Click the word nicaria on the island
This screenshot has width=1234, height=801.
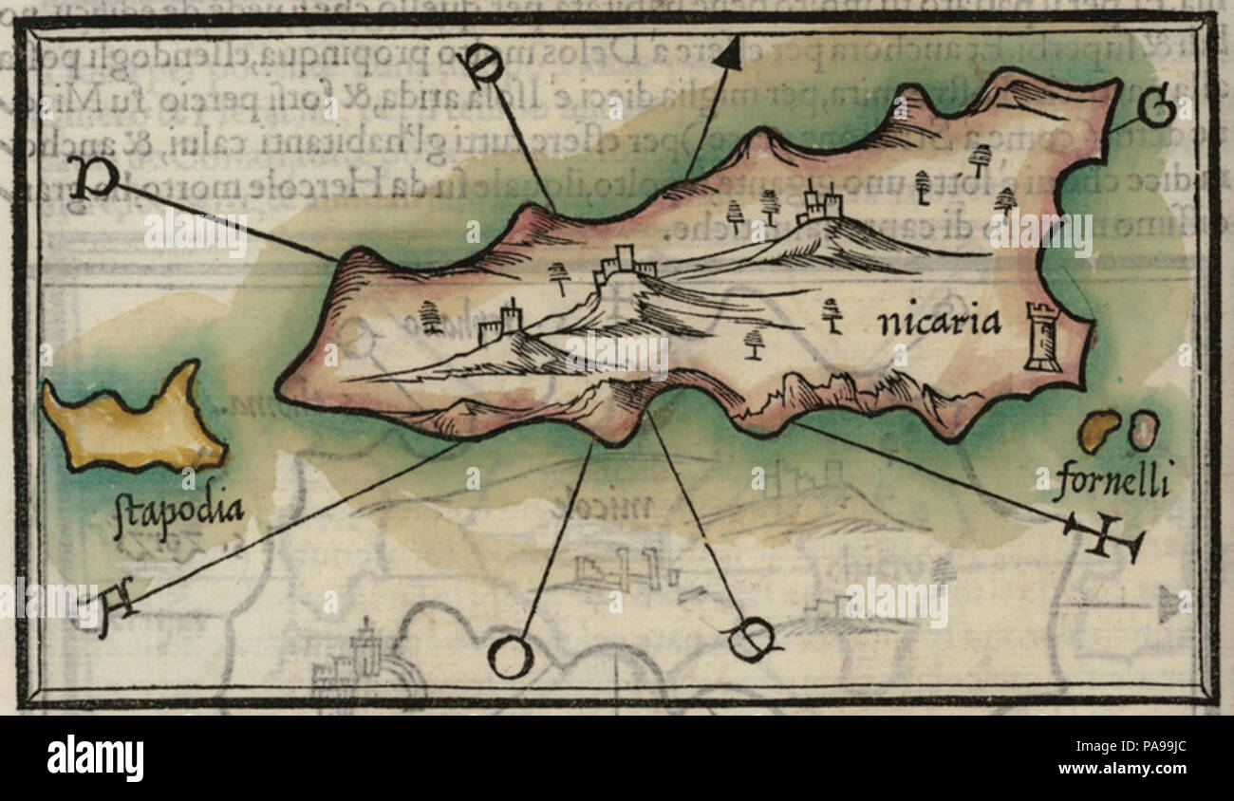pyautogui.click(x=939, y=324)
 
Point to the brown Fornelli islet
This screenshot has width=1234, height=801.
pyautogui.click(x=1098, y=431)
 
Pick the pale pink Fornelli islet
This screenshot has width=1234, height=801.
pyautogui.click(x=1142, y=429)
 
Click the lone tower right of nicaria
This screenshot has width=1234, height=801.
pyautogui.click(x=1042, y=337)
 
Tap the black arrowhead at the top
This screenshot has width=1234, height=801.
pyautogui.click(x=729, y=54)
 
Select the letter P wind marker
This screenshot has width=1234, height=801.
pyautogui.click(x=92, y=177)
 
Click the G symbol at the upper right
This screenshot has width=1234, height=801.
pyautogui.click(x=1157, y=109)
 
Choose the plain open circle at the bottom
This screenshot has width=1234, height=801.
pyautogui.click(x=510, y=657)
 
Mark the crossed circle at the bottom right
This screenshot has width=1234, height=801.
pyautogui.click(x=751, y=640)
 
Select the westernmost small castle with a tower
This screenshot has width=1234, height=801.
pyautogui.click(x=500, y=324)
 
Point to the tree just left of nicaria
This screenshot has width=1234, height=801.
pyautogui.click(x=832, y=313)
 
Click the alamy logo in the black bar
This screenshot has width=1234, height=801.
pyautogui.click(x=95, y=758)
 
